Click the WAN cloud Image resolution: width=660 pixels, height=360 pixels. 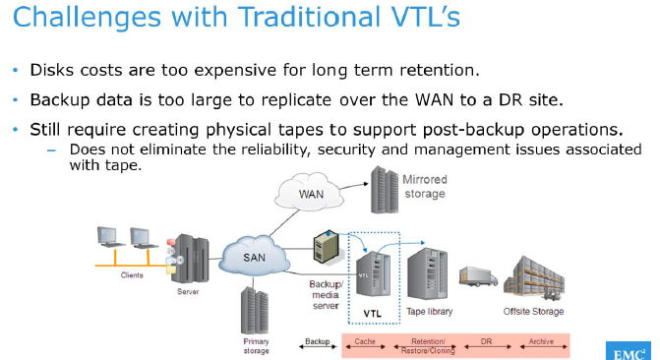(x=312, y=193)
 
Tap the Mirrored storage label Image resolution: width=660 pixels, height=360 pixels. (x=424, y=187)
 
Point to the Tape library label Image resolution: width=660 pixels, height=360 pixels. (x=431, y=312)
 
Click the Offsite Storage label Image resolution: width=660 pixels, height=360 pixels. (x=534, y=312)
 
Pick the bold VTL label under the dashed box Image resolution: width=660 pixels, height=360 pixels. (x=373, y=314)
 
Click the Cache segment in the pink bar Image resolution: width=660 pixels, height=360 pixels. (x=365, y=340)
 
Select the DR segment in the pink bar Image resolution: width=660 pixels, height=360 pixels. (x=485, y=340)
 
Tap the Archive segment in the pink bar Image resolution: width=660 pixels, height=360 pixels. (x=541, y=340)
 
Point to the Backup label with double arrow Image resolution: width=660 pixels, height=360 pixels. (x=317, y=340)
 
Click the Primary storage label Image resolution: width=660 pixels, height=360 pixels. (x=256, y=344)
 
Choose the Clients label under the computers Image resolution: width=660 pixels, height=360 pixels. (x=131, y=275)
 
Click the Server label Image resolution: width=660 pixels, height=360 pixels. (x=189, y=292)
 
